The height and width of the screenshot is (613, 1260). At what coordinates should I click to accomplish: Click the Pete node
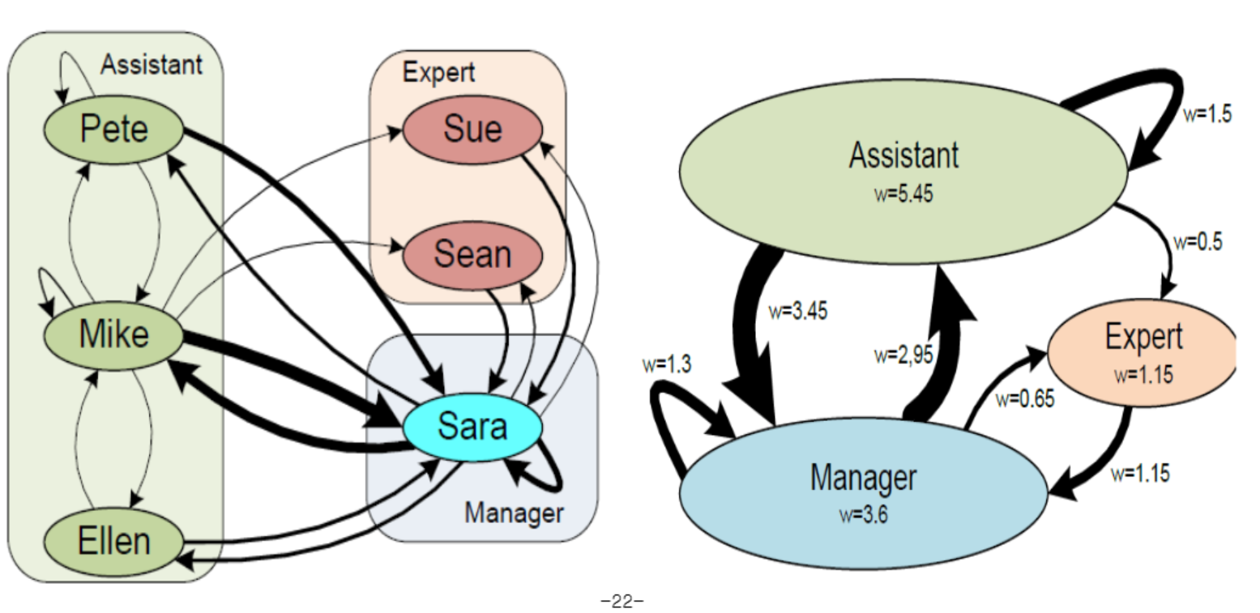pos(113,128)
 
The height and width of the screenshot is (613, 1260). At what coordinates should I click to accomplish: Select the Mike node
pos(113,333)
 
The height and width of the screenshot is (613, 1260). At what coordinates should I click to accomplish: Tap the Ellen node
pos(113,540)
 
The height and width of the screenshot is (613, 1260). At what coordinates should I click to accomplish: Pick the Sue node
pos(472,129)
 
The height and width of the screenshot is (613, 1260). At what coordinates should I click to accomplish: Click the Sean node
pos(472,254)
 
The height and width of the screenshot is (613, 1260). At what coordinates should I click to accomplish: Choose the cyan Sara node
pos(472,426)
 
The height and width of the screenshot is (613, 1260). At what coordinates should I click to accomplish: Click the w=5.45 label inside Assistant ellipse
pos(903,195)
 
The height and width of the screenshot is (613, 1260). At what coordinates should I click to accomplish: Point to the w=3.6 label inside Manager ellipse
pos(864,514)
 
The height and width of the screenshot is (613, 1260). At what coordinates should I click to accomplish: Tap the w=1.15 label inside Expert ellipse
pos(1143,375)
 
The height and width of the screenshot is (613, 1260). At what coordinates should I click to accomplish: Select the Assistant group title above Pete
pos(151,65)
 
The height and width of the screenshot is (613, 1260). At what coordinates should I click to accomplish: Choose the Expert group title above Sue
pos(438,73)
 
